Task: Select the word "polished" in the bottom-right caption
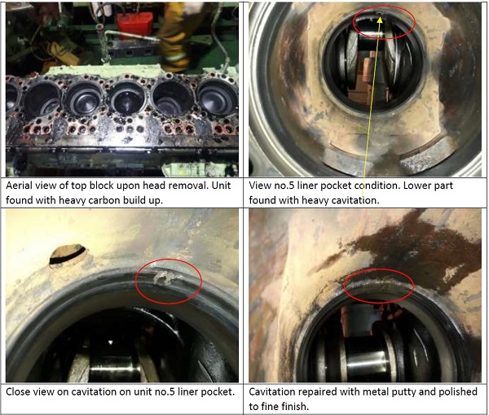coord(458,391)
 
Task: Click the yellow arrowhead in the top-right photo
coord(380,20)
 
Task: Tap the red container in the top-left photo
coord(134,25)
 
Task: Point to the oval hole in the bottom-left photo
coord(68,254)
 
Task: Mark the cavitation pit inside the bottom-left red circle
coord(164,277)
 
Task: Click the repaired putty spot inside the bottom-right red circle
coord(379,282)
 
